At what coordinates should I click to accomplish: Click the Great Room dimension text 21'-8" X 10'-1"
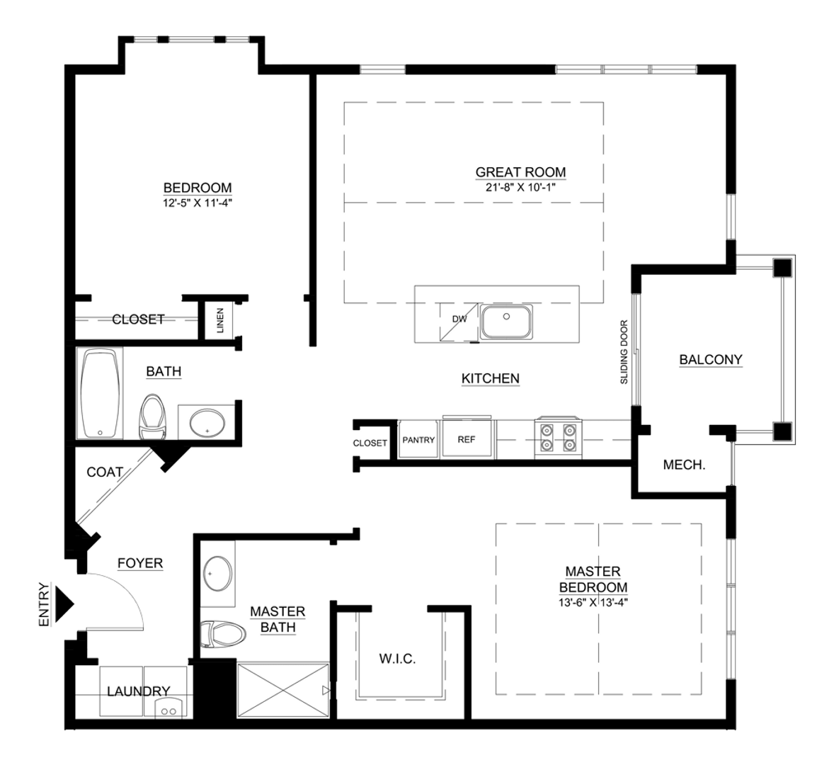coord(520,187)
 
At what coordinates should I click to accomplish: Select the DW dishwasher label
coord(459,319)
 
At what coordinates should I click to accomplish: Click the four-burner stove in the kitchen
coord(559,437)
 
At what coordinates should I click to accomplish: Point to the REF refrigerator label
coord(466,439)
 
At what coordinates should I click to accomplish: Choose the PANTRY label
coord(418,439)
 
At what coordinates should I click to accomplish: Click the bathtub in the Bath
coord(100,394)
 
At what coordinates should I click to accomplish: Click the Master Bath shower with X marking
coord(282,692)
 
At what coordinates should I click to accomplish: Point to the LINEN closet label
coord(220,320)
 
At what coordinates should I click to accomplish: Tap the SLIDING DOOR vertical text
coord(624,352)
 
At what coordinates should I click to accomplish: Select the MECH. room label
coord(683,465)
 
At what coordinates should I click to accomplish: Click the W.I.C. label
coord(396,659)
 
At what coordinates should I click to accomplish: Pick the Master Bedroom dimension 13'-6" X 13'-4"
coord(593,602)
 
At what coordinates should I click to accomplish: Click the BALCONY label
coord(710,360)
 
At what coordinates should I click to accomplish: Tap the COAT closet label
coord(105,472)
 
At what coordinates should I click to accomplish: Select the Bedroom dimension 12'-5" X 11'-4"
coord(197,203)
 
